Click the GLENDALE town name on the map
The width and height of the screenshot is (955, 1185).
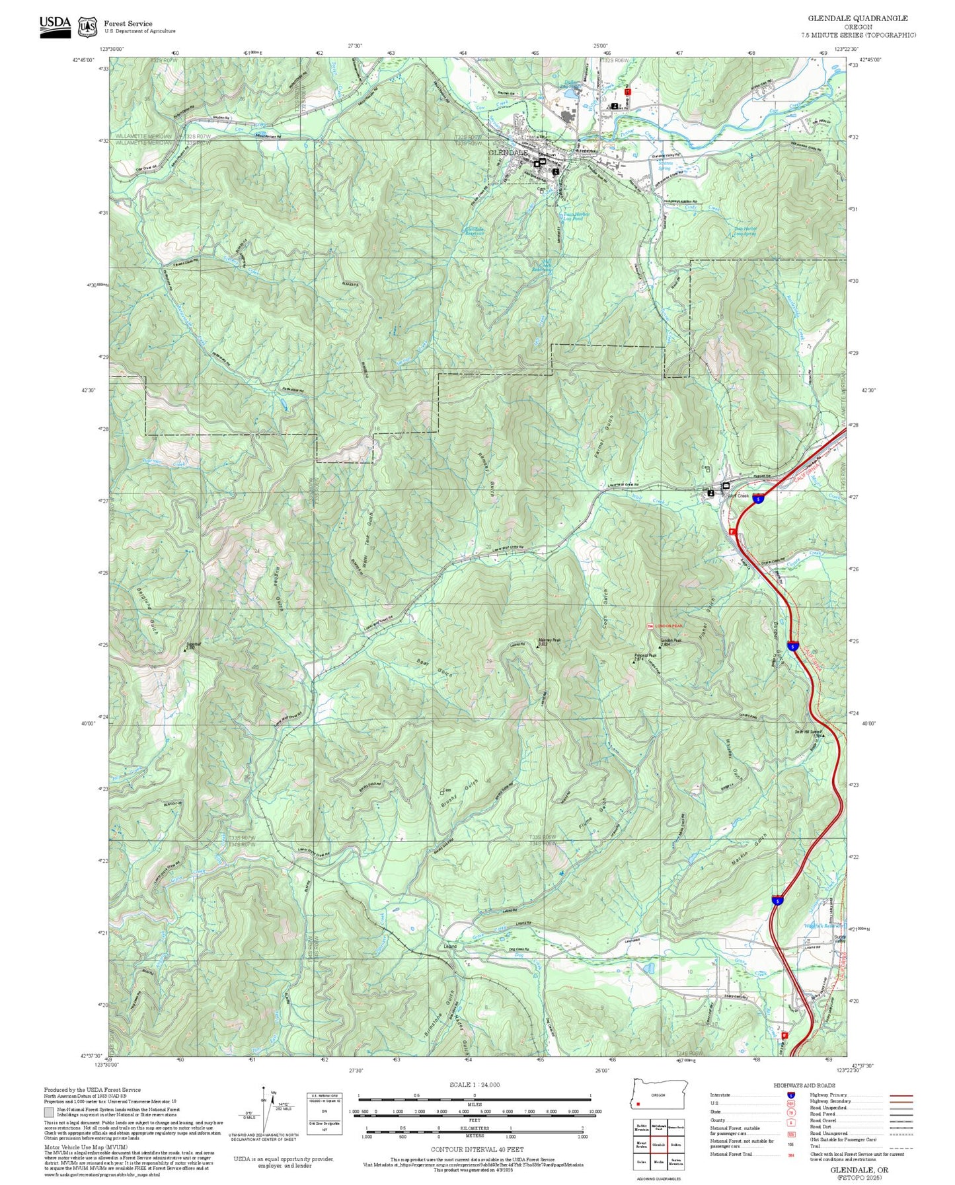[x=508, y=153]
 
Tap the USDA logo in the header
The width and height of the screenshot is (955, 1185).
[x=55, y=25]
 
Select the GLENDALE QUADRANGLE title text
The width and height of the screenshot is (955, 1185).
[x=857, y=18]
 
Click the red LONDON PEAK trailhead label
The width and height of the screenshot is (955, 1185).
[x=668, y=626]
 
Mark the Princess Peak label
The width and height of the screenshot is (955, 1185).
[x=644, y=656]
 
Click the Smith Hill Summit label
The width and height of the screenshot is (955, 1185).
[x=808, y=731]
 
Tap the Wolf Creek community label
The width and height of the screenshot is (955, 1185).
[x=738, y=495]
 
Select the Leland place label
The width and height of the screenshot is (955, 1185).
[x=450, y=946]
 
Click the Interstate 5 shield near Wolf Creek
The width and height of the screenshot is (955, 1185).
[x=759, y=499]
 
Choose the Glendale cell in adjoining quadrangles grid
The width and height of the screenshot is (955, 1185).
[x=658, y=1145]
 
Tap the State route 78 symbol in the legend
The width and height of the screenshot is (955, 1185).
[x=790, y=1112]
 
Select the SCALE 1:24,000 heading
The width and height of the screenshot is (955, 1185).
[x=474, y=1085]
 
